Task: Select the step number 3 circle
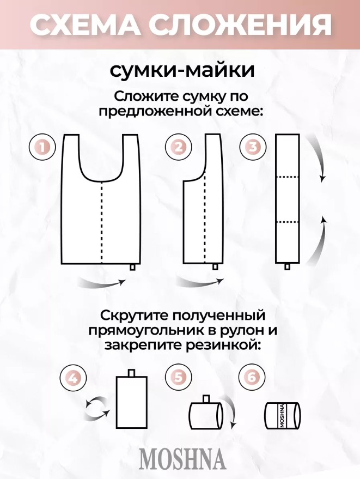click(253, 148)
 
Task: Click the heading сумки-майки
click(182, 70)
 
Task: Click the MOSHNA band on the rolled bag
click(282, 415)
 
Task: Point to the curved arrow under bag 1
click(102, 283)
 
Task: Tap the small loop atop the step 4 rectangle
click(132, 373)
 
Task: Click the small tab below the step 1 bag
click(132, 266)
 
